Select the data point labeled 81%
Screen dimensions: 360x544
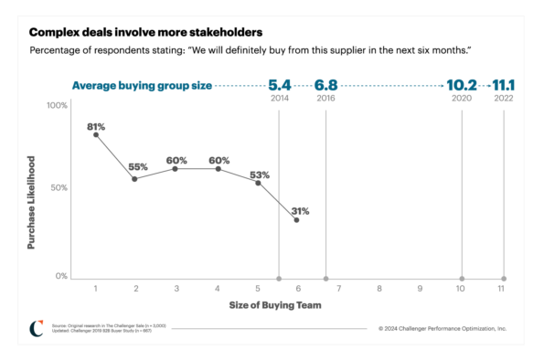pyautogui.click(x=95, y=134)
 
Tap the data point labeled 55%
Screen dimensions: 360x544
pyautogui.click(x=135, y=178)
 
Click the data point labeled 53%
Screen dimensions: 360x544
pyautogui.click(x=258, y=183)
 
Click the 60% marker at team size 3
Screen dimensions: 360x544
pyautogui.click(x=176, y=169)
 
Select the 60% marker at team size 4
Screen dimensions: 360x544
pyautogui.click(x=218, y=169)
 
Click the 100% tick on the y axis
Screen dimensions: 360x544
pyautogui.click(x=57, y=106)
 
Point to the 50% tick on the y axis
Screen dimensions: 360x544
pyautogui.click(x=59, y=188)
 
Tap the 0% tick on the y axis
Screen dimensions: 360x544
pyautogui.click(x=60, y=276)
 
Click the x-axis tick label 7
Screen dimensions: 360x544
pyautogui.click(x=339, y=289)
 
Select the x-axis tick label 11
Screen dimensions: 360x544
pyautogui.click(x=501, y=289)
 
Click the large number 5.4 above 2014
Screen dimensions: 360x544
pyautogui.click(x=279, y=85)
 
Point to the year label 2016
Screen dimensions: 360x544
pyautogui.click(x=325, y=98)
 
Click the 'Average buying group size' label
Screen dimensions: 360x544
pyautogui.click(x=142, y=86)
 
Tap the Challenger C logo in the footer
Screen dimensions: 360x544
pyautogui.click(x=36, y=327)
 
